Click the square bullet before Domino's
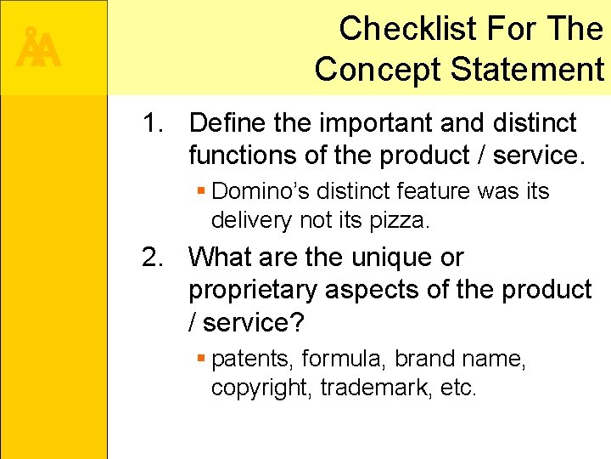[x=201, y=190]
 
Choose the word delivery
[x=252, y=220]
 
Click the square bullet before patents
[x=201, y=359]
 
